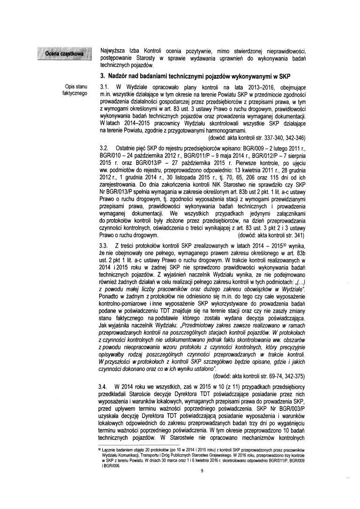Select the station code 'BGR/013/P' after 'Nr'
(118, 194)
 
